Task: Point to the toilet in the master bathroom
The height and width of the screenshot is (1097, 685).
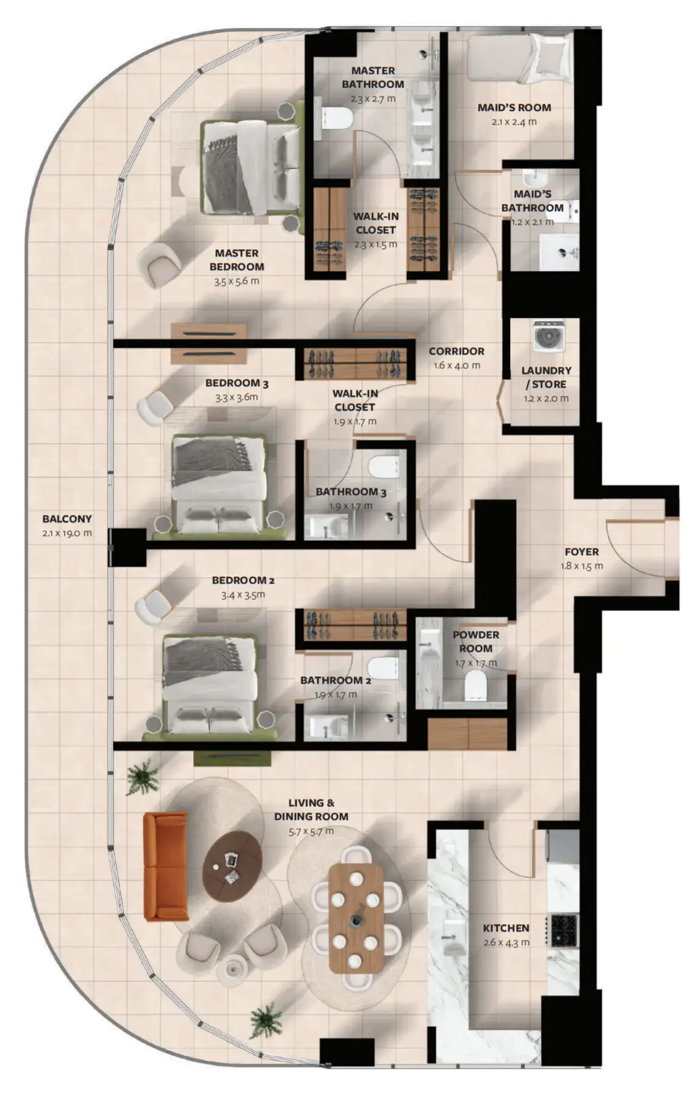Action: (336, 117)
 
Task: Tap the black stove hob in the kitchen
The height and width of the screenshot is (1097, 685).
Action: (563, 930)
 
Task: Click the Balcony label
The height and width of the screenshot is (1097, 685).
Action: (67, 519)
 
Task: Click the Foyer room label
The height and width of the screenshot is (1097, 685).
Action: (581, 551)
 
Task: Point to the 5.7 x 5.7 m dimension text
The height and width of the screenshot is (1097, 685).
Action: (311, 831)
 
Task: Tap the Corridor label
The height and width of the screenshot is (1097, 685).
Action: (456, 351)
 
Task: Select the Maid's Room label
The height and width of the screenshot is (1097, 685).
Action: (514, 107)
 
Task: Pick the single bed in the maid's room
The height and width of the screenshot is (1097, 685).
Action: (518, 58)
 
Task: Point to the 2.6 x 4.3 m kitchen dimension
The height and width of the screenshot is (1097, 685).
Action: (506, 942)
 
